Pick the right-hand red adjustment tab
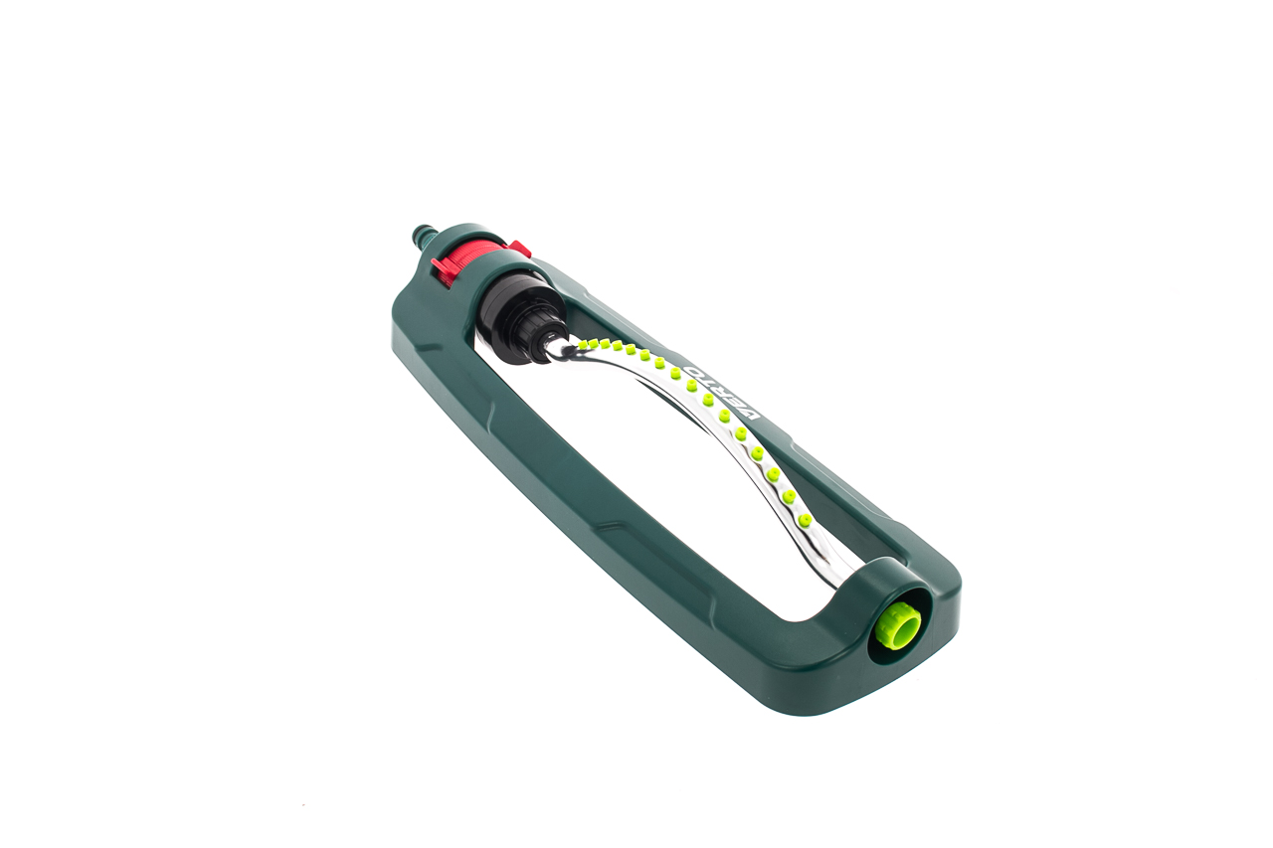click(520, 249)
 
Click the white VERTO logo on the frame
click(721, 392)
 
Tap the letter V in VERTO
click(750, 413)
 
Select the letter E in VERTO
click(736, 401)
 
